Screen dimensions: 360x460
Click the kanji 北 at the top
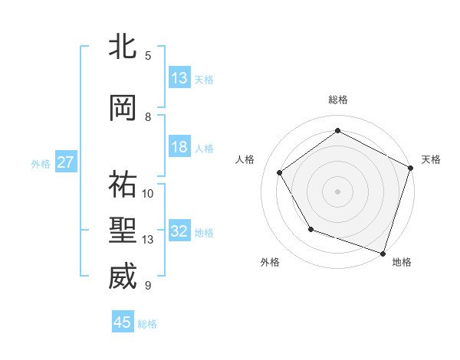coord(123,47)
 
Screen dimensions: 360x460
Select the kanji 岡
coord(123,108)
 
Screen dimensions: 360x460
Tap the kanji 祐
coord(123,183)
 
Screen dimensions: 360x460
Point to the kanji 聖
coord(123,231)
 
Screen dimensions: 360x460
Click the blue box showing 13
coord(179,78)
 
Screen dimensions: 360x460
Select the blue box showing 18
coord(179,147)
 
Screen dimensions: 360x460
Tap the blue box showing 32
coord(179,231)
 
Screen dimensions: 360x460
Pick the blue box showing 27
coord(66,162)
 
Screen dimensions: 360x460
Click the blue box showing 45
coord(123,322)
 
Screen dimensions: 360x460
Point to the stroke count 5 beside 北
coord(148,55)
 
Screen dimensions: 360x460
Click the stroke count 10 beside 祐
coord(148,193)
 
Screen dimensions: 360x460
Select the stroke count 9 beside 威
coord(148,286)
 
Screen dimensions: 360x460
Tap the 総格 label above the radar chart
coord(337,100)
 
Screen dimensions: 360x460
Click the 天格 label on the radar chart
coord(431,159)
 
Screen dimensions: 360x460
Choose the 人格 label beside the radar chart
coord(245,159)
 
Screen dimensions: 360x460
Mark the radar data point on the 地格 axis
coord(383,253)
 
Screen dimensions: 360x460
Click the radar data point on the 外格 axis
coord(310,229)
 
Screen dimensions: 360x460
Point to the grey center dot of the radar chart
coord(337,191)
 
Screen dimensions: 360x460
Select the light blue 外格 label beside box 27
coord(41,163)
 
